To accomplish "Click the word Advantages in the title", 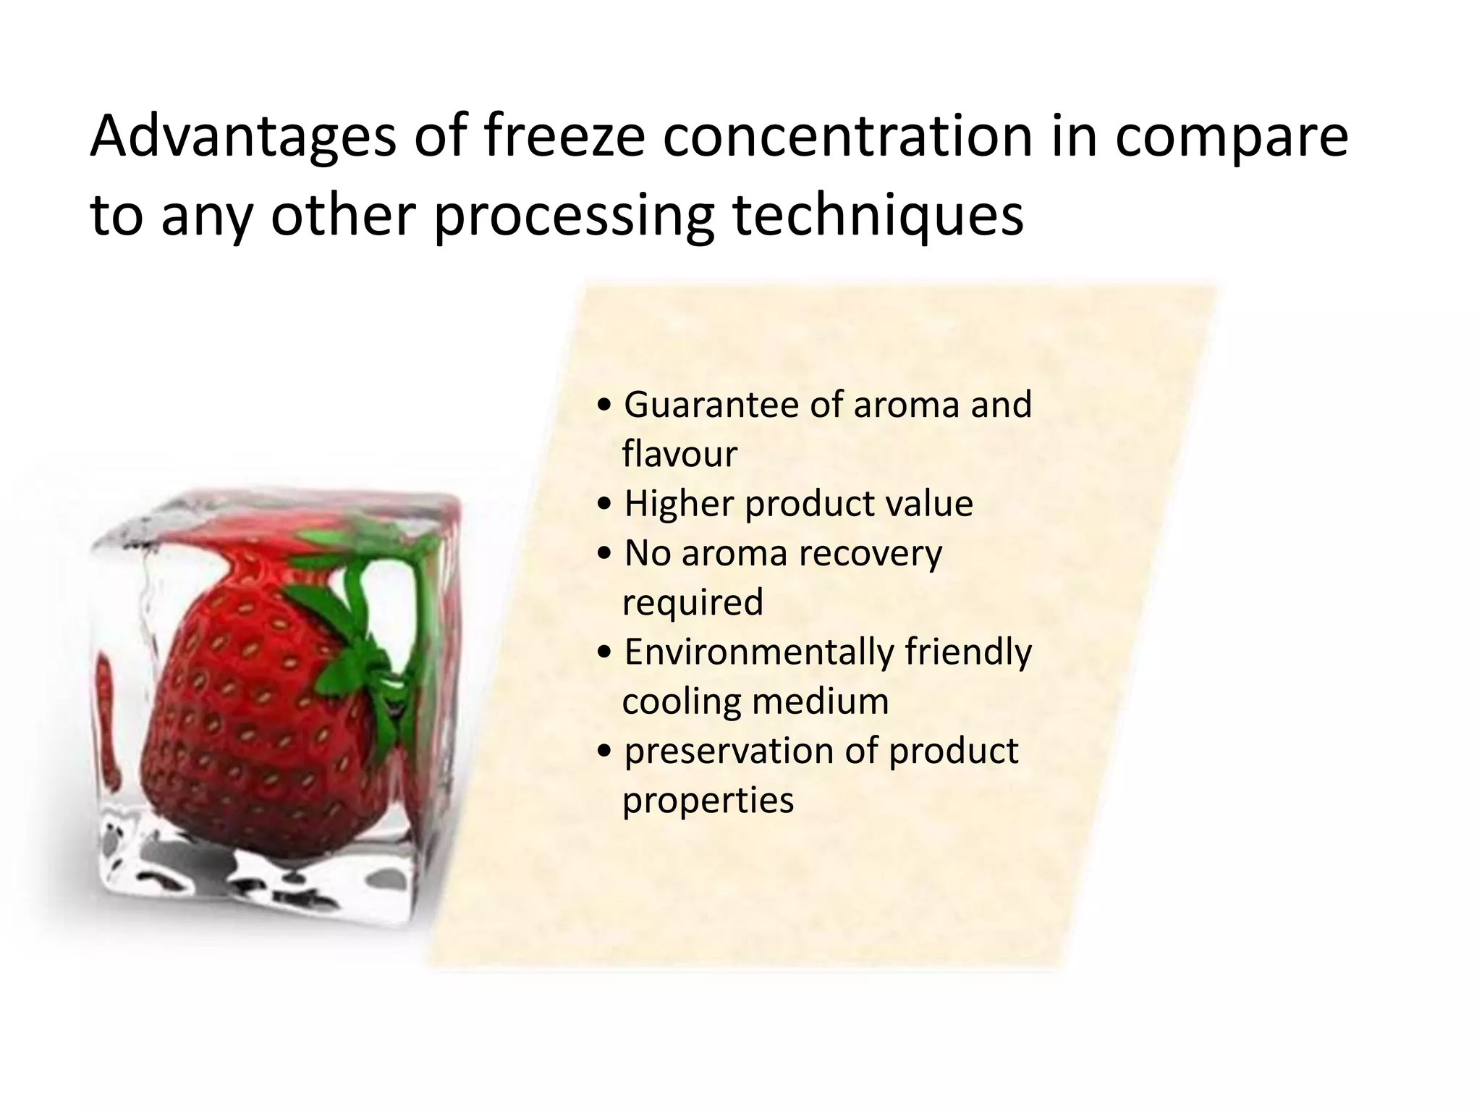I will (242, 138).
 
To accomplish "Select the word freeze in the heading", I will (563, 138).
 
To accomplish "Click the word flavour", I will (679, 455).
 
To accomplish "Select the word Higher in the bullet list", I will (678, 504).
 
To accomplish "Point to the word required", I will (693, 603).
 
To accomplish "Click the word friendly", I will (968, 652).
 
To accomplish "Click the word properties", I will (708, 801).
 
